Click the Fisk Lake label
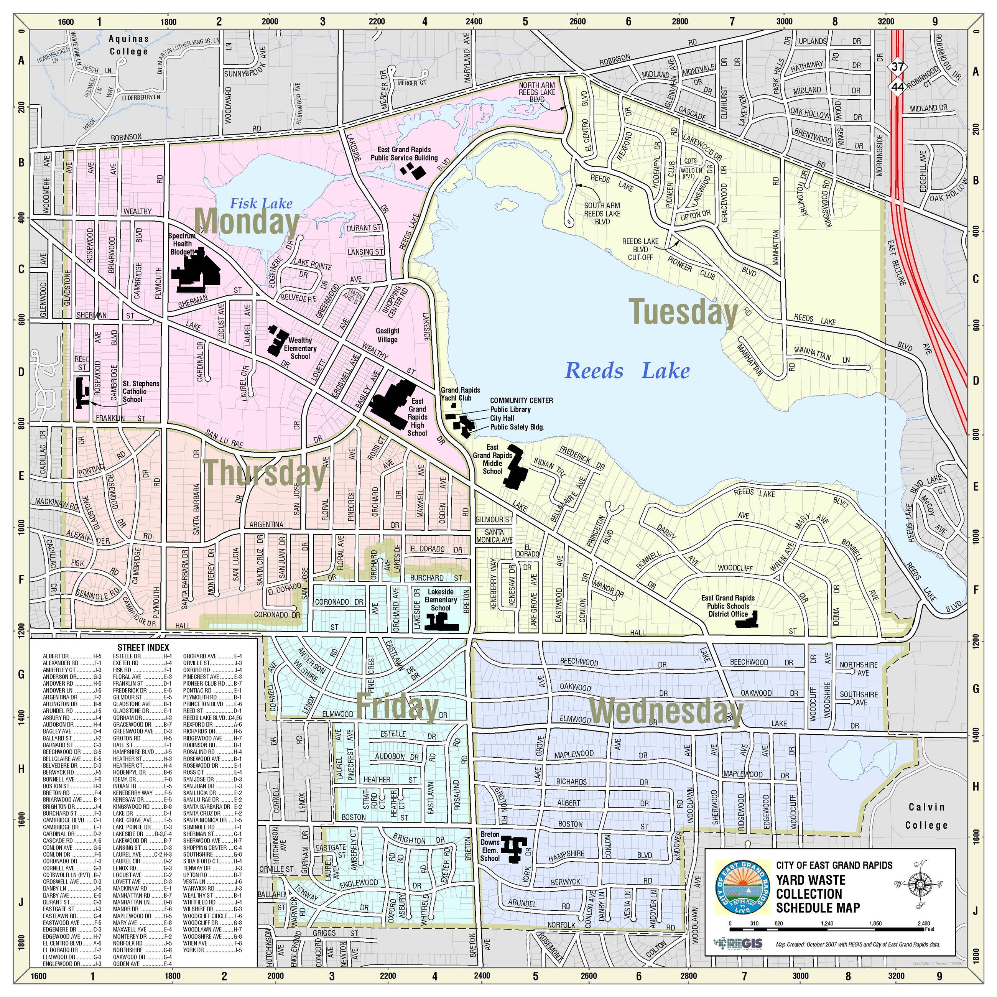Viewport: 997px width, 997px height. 261,203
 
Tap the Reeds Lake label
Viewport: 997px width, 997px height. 627,370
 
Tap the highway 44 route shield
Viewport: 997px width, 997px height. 897,87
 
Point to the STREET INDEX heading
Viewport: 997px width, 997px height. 143,647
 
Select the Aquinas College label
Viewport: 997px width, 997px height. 128,45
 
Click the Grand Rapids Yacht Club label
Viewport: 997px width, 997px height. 460,394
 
